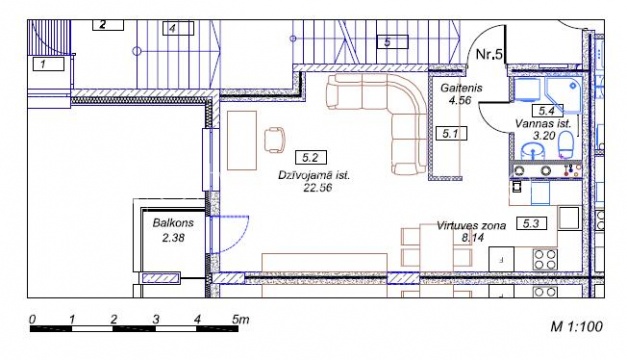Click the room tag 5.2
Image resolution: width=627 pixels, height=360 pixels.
pos(311,158)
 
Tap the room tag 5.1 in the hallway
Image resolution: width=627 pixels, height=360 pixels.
pos(451,134)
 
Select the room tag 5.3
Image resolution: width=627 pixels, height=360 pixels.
pos(531,223)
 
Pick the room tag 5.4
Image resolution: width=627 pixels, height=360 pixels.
pos(547,111)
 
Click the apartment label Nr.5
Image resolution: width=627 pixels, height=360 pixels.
pos(489,54)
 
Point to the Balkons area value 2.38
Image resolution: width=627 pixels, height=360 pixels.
pos(174,238)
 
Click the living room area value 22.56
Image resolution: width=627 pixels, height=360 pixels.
pos(318,187)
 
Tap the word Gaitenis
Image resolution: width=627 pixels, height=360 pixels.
pos(461,88)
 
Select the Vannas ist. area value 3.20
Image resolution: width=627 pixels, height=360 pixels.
pos(544,136)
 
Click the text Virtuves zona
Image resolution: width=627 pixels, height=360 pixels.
pos(471,226)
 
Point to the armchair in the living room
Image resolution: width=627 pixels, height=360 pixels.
pos(275,140)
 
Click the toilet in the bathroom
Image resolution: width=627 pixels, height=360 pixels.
pos(566,145)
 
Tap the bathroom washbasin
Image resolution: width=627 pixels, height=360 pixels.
pos(533,150)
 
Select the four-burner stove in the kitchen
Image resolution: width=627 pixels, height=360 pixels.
pos(545,259)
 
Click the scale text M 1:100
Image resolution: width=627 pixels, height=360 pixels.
pos(577,327)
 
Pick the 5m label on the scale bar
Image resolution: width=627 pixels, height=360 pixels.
pos(241,319)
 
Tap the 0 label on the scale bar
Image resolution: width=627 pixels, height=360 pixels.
pos(33,319)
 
